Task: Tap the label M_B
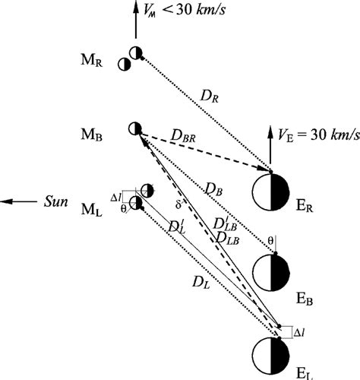[105, 134]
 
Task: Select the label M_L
[105, 209]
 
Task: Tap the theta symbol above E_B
[271, 240]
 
